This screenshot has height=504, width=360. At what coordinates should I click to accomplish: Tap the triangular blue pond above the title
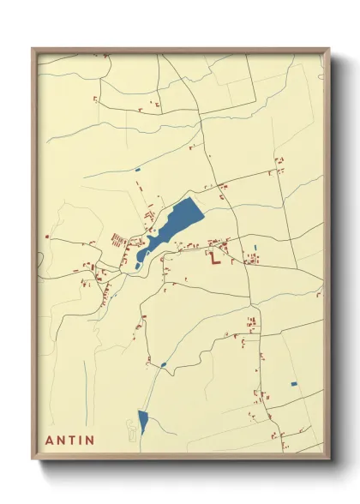click(x=143, y=420)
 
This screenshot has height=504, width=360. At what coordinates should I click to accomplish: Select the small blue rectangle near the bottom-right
click(x=294, y=383)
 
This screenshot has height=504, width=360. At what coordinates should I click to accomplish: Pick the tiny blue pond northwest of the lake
click(x=137, y=170)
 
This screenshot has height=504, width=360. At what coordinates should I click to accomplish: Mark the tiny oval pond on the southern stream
click(x=163, y=364)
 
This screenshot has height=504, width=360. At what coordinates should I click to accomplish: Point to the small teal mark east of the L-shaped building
click(x=255, y=249)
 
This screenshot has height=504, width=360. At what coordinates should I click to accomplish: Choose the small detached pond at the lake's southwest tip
click(x=138, y=266)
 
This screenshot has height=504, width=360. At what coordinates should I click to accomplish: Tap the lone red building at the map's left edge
click(x=47, y=237)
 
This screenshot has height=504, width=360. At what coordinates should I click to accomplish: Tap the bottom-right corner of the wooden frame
click(x=328, y=457)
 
